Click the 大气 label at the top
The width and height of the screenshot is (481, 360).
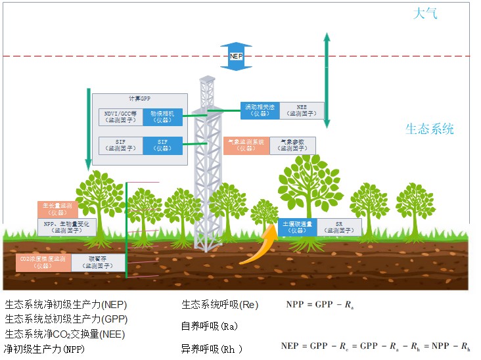(x=424, y=13)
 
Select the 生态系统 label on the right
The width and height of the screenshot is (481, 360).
(x=429, y=129)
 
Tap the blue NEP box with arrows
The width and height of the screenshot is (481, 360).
(x=237, y=56)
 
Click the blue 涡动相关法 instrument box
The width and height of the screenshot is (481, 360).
(x=260, y=110)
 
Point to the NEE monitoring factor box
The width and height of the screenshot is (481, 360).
(x=302, y=110)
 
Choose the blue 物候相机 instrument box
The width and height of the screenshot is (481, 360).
(x=162, y=116)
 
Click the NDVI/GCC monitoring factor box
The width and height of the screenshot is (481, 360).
(x=120, y=116)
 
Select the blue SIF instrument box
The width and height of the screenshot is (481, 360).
(x=162, y=145)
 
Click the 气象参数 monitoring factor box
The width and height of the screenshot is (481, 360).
(x=292, y=145)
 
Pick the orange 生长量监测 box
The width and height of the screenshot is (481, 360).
(x=58, y=209)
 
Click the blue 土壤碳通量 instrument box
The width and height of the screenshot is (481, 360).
(x=298, y=227)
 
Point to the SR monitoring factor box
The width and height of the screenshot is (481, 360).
(x=339, y=227)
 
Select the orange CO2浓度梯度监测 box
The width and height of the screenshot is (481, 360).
(x=43, y=263)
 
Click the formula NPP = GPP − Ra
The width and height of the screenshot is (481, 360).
(x=321, y=305)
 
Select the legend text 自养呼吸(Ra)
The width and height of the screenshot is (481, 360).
(x=210, y=326)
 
